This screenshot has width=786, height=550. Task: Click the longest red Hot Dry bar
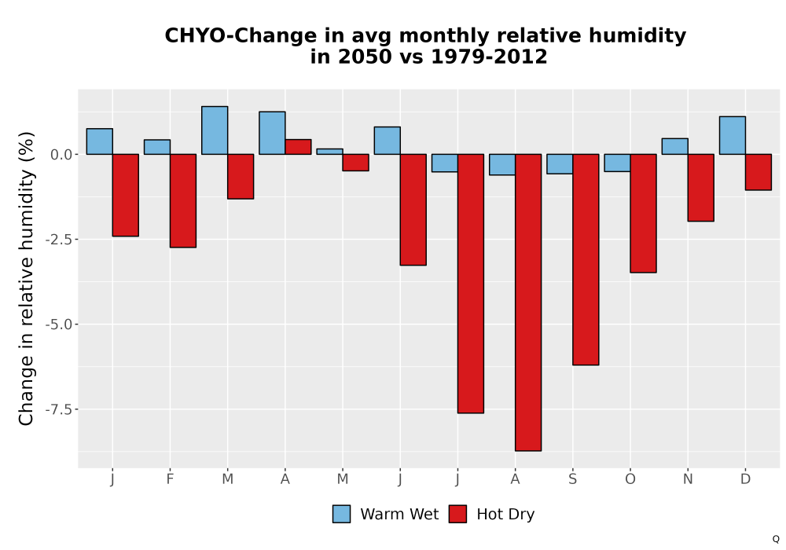pyautogui.click(x=528, y=302)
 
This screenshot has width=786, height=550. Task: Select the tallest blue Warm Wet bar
pyautogui.click(x=215, y=130)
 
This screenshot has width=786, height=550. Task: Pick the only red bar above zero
pyautogui.click(x=298, y=147)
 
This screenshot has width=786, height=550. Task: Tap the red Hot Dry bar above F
pyautogui.click(x=183, y=201)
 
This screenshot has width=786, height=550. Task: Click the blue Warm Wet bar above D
pyautogui.click(x=733, y=135)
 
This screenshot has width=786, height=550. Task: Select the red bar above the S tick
pyautogui.click(x=586, y=259)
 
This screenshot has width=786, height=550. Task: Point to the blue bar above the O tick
pyautogui.click(x=617, y=163)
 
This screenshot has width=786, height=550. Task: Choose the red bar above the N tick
pyautogui.click(x=701, y=188)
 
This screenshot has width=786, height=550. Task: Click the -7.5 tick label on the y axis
pyautogui.click(x=62, y=409)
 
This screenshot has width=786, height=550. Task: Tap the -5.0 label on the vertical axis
pyautogui.click(x=62, y=324)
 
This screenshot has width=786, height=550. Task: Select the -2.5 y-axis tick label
pyautogui.click(x=62, y=240)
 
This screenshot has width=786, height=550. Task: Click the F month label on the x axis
pyautogui.click(x=170, y=479)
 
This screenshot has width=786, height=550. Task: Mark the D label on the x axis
pyautogui.click(x=745, y=479)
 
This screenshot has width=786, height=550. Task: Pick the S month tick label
pyautogui.click(x=573, y=479)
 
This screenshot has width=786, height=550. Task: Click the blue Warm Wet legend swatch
pyautogui.click(x=341, y=514)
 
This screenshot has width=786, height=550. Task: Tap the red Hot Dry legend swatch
pyautogui.click(x=457, y=514)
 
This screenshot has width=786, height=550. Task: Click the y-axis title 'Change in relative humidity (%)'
pyautogui.click(x=26, y=278)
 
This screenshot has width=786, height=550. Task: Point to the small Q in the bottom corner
pyautogui.click(x=776, y=539)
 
